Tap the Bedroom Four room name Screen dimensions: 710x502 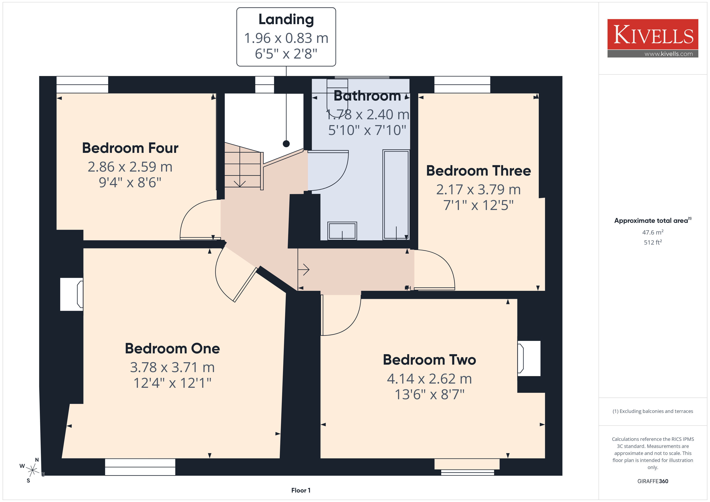click(130, 148)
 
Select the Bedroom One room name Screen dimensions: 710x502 click(172, 349)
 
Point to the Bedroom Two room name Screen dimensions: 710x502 click(429, 360)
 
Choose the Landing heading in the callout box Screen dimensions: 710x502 click(286, 20)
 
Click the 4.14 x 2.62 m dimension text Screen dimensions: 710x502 click(429, 379)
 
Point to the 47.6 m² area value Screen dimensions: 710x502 click(653, 232)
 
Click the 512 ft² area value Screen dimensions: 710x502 click(653, 242)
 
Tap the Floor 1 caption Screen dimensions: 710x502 click(301, 490)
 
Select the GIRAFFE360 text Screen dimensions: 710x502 click(653, 481)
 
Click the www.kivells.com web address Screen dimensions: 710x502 click(669, 54)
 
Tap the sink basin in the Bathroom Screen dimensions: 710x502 click(342, 231)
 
